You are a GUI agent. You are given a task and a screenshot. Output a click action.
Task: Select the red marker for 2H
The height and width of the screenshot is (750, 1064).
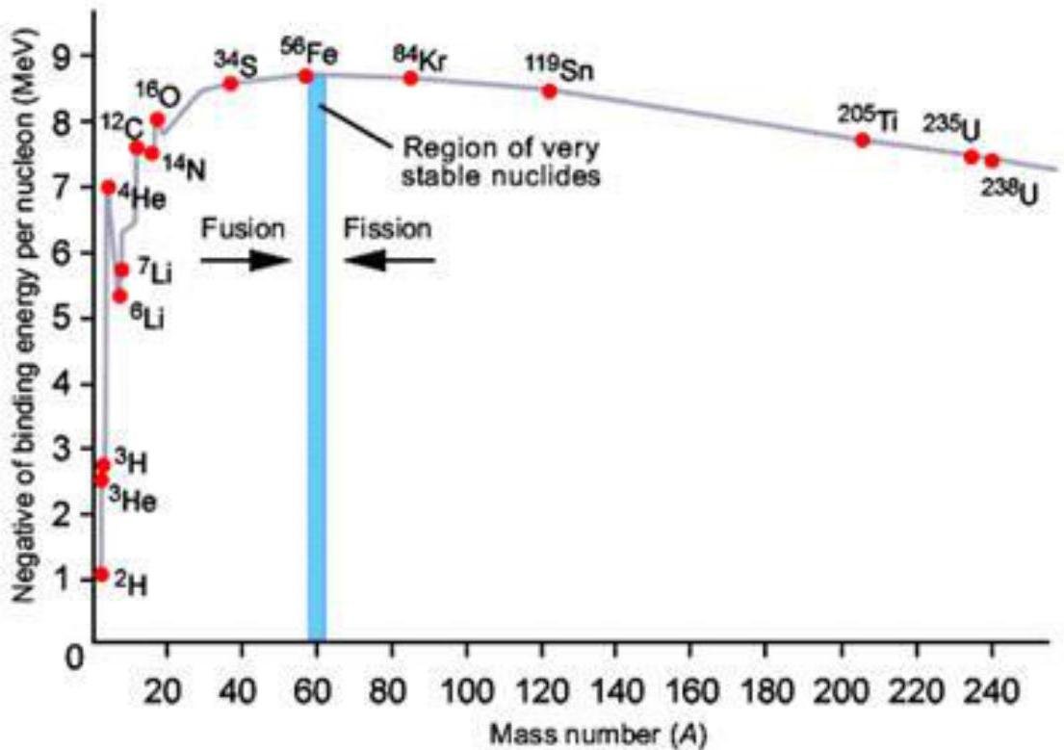(101, 575)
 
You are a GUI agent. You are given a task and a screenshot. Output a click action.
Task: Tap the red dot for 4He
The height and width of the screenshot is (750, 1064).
(108, 187)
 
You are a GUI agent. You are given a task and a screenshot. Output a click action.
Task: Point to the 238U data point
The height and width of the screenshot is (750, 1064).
(992, 161)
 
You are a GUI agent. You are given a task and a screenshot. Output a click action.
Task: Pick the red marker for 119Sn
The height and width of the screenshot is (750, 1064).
(550, 91)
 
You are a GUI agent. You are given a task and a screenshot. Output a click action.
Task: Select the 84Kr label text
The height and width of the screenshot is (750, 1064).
(420, 54)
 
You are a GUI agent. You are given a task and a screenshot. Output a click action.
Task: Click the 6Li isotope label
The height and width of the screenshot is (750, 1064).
(145, 317)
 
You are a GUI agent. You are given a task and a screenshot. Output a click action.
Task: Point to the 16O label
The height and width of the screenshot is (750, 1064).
(163, 96)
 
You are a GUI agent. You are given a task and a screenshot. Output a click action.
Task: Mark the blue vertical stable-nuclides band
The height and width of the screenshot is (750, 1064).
(317, 385)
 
